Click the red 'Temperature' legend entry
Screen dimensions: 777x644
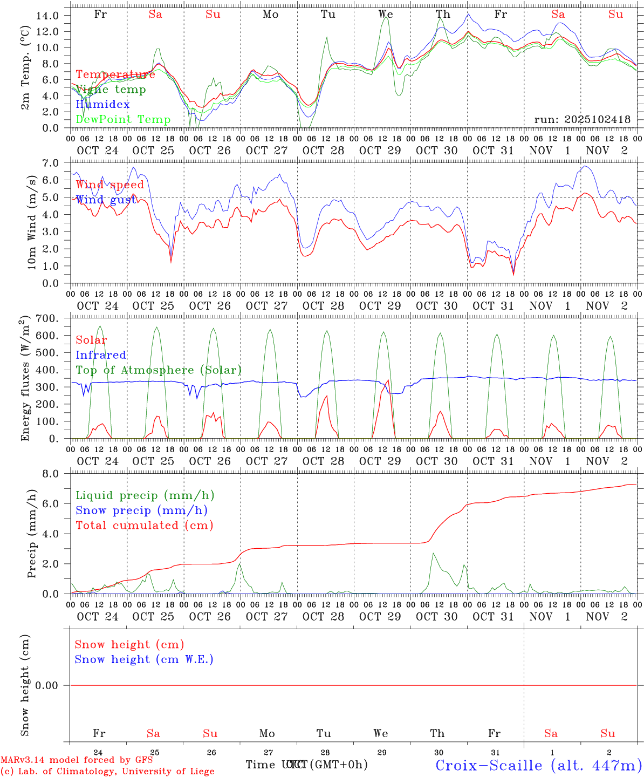(115, 74)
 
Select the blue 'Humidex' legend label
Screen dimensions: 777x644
(102, 104)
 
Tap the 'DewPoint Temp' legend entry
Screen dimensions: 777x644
(123, 119)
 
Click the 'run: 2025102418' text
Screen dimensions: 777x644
(582, 119)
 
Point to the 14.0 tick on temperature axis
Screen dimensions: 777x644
(47, 16)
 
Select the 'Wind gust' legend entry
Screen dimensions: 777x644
(106, 200)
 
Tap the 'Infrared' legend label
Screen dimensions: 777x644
(101, 355)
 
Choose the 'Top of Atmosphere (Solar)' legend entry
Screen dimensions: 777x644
(159, 370)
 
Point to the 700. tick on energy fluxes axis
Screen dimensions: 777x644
(49, 318)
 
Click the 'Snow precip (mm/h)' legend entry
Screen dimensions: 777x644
(141, 510)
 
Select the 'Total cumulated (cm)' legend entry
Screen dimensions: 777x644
(144, 525)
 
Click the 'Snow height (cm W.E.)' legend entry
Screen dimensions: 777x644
(144, 659)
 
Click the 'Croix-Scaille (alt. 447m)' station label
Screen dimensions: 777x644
(538, 765)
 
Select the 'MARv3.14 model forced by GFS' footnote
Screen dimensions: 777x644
(77, 760)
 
